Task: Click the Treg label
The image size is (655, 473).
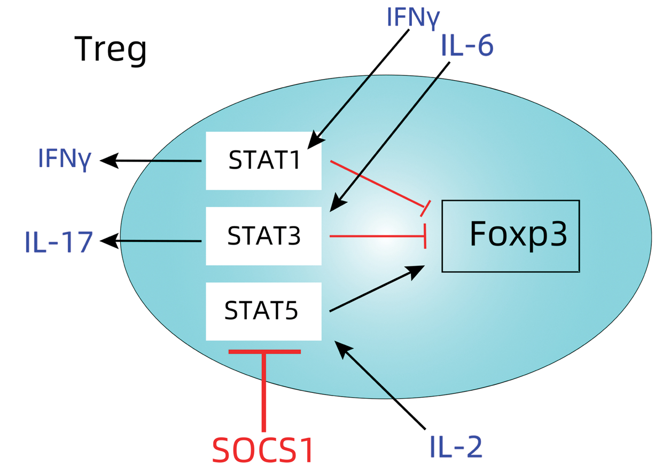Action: click(x=110, y=50)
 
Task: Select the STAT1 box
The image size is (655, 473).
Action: click(x=263, y=161)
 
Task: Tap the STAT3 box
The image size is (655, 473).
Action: click(x=263, y=236)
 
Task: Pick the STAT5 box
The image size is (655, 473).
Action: click(x=263, y=311)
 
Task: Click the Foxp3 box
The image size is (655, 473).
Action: click(x=510, y=235)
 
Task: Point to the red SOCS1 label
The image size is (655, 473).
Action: click(x=262, y=451)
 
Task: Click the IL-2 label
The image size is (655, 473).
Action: click(x=456, y=447)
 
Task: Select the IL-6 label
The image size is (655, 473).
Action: click(x=467, y=47)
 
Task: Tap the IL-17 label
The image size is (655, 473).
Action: click(x=59, y=242)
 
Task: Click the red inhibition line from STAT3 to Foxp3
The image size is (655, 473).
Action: click(x=377, y=236)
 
